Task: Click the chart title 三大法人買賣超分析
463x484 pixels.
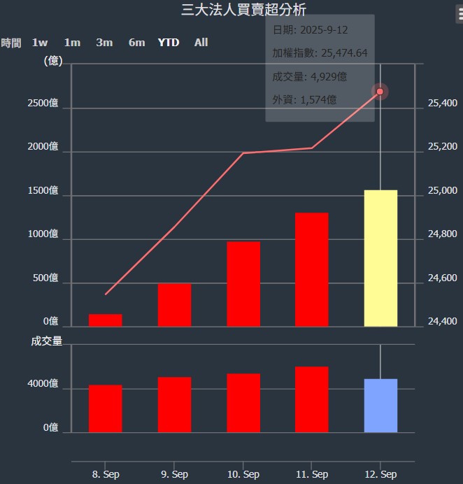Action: [243, 9]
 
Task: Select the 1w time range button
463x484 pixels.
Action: [40, 43]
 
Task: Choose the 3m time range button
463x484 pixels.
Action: [104, 43]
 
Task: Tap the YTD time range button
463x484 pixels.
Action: [169, 43]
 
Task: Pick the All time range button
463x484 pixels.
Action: [201, 43]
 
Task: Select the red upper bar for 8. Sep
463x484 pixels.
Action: [105, 320]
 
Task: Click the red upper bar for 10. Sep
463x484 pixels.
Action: [243, 284]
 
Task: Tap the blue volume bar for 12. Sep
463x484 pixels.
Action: [380, 406]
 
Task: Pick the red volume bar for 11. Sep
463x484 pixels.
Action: [311, 399]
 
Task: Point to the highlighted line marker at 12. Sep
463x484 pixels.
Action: [380, 92]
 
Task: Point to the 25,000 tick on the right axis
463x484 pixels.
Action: [442, 191]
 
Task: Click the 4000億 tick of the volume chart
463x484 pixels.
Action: [43, 384]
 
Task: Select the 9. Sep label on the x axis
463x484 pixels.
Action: [174, 474]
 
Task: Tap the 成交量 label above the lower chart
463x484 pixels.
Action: [47, 341]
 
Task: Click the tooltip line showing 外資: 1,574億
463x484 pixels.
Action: [305, 100]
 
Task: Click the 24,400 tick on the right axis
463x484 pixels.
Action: [442, 322]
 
